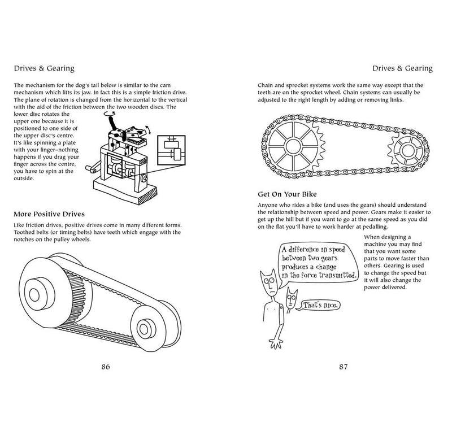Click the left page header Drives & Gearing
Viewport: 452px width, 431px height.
45,69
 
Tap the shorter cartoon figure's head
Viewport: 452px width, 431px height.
291,298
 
